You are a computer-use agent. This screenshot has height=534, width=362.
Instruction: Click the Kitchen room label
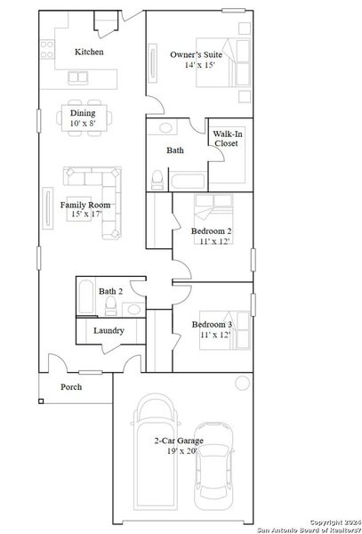89,52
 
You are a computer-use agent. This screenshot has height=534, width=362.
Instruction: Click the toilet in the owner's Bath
157,181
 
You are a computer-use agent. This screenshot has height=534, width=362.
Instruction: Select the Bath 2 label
111,291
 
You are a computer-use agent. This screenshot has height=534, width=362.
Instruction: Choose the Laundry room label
109,331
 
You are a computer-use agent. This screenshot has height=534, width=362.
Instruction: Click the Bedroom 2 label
212,231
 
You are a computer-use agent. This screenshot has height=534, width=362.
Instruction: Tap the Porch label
71,387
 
